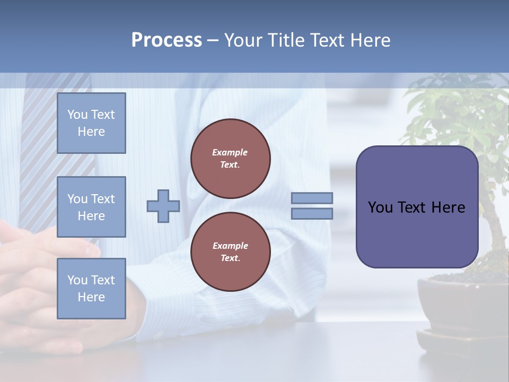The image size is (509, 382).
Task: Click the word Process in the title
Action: [166, 40]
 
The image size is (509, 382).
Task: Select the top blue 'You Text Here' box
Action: [91, 123]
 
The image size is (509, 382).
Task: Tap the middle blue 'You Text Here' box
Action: [91, 207]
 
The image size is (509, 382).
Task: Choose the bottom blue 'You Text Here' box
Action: [91, 289]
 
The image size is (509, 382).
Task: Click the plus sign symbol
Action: [163, 206]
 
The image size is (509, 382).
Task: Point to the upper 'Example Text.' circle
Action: [231, 159]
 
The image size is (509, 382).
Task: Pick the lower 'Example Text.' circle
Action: [231, 252]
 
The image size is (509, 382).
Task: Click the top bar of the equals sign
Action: [312, 198]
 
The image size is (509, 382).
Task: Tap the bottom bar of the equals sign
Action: [312, 214]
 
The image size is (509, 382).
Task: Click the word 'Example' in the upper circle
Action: [230, 152]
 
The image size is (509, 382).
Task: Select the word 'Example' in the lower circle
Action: [230, 246]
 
